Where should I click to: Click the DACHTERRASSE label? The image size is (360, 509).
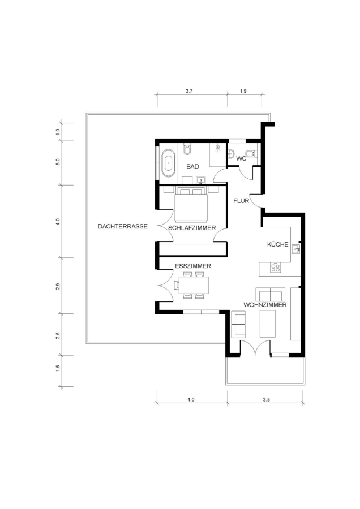coord(122,226)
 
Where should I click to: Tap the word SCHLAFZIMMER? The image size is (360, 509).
coord(192,228)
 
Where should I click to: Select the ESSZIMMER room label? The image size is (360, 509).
coord(193,266)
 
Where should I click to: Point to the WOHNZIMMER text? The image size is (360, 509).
coord(265,305)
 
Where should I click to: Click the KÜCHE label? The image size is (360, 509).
coord(278,244)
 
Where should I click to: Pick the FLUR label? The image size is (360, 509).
coord(241,201)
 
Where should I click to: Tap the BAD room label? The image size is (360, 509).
coord(192,166)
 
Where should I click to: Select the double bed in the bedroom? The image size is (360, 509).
coord(191,204)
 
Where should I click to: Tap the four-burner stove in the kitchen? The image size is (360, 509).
coord(276,268)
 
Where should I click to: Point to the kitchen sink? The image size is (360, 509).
coord(295,249)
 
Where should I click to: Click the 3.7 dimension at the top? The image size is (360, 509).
coord(189,91)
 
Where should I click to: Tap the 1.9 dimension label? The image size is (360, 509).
coord(243,91)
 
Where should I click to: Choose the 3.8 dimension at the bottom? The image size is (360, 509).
coord(267,400)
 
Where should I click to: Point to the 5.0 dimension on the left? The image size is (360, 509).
coord(58,162)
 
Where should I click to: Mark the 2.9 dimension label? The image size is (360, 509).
coord(58,286)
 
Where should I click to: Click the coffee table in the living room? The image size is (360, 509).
coord(267,323)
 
